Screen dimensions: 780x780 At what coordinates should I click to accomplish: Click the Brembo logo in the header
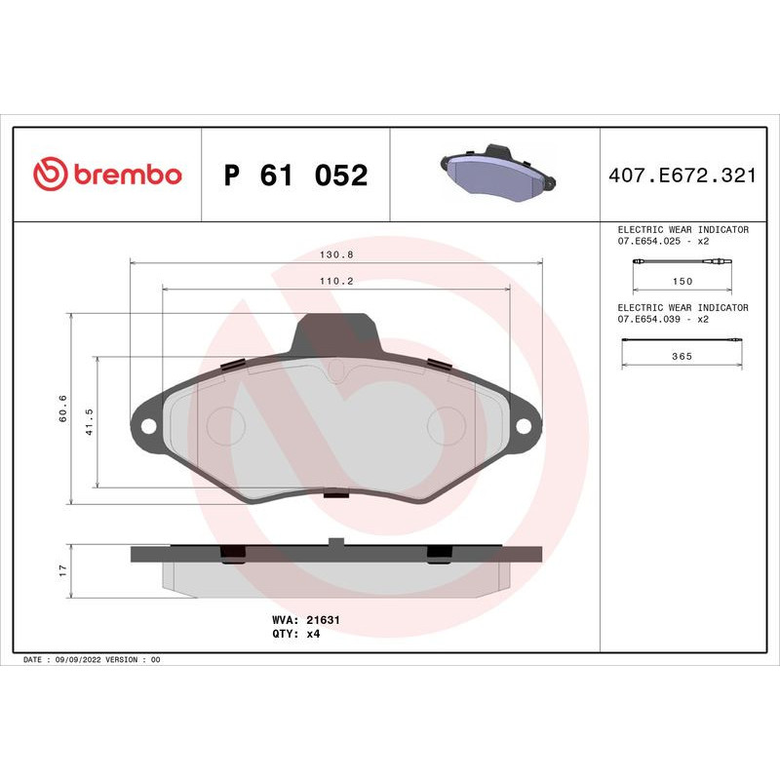[107, 175]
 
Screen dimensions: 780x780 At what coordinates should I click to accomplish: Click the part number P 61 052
[295, 175]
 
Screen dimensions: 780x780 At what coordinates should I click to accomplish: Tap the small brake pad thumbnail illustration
[494, 173]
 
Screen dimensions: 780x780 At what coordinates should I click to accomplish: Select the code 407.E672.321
[682, 175]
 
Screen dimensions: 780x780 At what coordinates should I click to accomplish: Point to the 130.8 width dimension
[336, 254]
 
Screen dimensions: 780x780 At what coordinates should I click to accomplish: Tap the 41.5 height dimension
[90, 421]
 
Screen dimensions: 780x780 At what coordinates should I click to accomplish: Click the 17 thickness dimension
[61, 569]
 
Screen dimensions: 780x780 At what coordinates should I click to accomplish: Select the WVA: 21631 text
[304, 619]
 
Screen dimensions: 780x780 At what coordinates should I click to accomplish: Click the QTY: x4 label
[295, 633]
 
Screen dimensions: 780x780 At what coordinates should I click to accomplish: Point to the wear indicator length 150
[682, 281]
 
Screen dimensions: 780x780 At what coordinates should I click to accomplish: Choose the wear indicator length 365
[682, 357]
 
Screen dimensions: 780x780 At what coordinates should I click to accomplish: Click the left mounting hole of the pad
[149, 426]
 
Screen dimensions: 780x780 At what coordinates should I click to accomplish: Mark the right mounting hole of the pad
[524, 426]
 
